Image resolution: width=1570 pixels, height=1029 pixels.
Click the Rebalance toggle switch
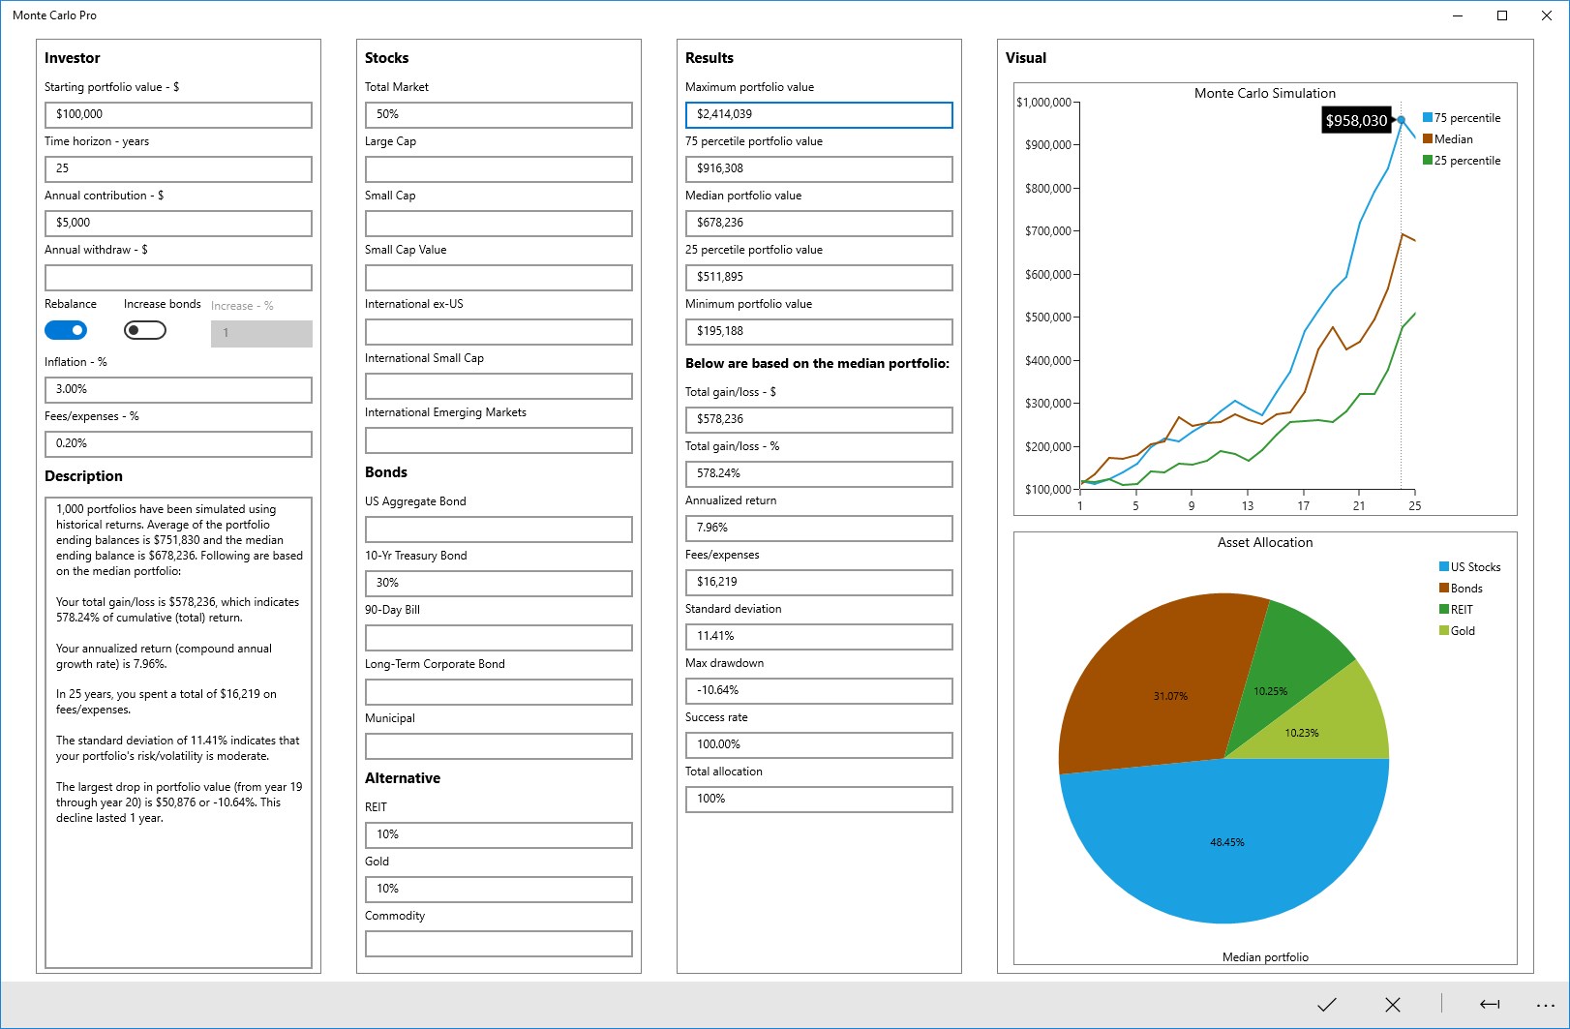(66, 331)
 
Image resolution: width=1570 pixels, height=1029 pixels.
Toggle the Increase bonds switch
(145, 331)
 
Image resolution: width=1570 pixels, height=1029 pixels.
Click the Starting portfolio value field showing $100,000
(178, 114)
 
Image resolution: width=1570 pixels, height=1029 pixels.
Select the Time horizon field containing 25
(178, 168)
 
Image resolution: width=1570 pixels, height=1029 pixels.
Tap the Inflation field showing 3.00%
(178, 389)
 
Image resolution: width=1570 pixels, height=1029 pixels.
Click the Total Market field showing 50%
(498, 114)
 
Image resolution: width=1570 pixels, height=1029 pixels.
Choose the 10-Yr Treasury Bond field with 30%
(498, 583)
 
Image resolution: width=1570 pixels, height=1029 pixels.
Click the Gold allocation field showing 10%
(498, 889)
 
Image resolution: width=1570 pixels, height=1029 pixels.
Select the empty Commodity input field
(498, 943)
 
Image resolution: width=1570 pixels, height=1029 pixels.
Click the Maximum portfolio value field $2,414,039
(819, 114)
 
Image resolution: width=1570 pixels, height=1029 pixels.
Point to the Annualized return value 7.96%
(819, 528)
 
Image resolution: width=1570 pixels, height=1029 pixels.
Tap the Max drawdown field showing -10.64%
(819, 690)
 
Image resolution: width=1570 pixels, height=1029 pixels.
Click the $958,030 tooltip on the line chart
(1356, 121)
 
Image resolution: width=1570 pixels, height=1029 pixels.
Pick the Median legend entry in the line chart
(1453, 139)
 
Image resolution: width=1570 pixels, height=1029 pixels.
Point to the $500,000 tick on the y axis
(1047, 318)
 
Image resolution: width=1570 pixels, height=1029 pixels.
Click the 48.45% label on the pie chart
(1227, 842)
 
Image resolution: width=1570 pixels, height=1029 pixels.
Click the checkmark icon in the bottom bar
(1327, 1005)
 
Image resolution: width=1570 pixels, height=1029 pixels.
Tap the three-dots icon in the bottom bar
(1546, 1005)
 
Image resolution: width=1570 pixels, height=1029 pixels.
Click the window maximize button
(1502, 15)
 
